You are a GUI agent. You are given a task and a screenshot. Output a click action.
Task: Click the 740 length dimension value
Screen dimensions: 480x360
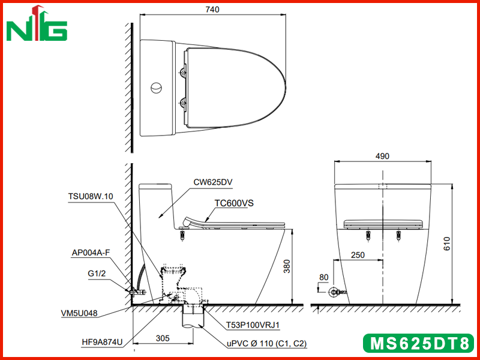tap(212, 10)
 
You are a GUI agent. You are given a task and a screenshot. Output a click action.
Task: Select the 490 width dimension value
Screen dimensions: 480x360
tap(382, 156)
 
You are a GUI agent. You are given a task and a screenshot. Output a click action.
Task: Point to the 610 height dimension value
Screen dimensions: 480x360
tap(447, 244)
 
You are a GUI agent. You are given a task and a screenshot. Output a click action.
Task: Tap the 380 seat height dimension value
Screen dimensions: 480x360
tap(287, 266)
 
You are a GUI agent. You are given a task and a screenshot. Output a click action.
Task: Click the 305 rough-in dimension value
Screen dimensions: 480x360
tap(163, 338)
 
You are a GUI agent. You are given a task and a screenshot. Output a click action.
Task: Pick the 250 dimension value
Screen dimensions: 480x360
tap(358, 255)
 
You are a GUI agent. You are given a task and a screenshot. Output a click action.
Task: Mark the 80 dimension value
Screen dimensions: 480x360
tap(323, 277)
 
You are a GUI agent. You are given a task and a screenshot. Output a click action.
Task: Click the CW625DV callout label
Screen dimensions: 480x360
tap(213, 182)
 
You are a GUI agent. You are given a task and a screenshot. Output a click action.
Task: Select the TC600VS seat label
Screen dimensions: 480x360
tap(234, 203)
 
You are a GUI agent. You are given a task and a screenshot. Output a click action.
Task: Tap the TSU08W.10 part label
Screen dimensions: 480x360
tap(91, 196)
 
